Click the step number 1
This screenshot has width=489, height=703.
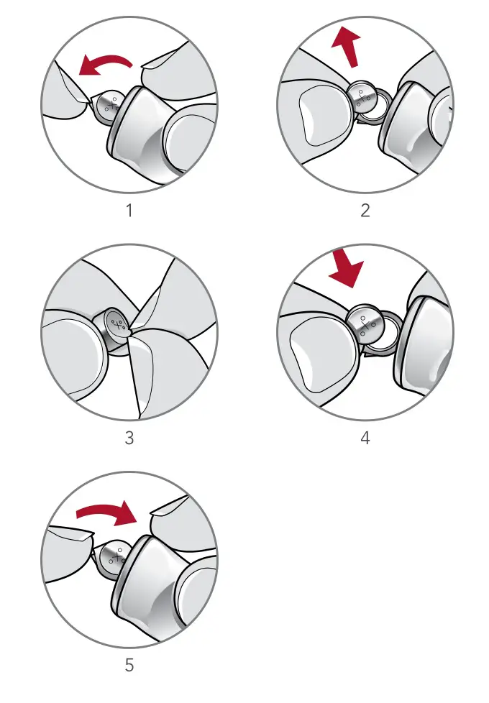click(129, 211)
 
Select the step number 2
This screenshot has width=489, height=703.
click(365, 211)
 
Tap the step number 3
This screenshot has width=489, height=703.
click(129, 437)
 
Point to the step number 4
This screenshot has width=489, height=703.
click(365, 437)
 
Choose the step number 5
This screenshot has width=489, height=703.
click(129, 665)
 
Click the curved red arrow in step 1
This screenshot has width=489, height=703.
click(105, 65)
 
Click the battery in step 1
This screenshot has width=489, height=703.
click(111, 104)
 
